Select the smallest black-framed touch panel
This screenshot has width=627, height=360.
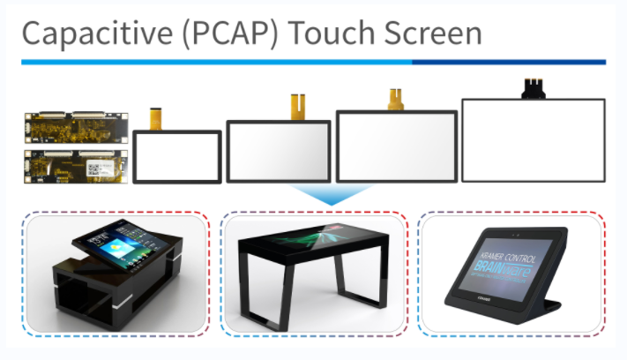pyautogui.click(x=176, y=156)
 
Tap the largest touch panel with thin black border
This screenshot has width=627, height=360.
pyautogui.click(x=534, y=141)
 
